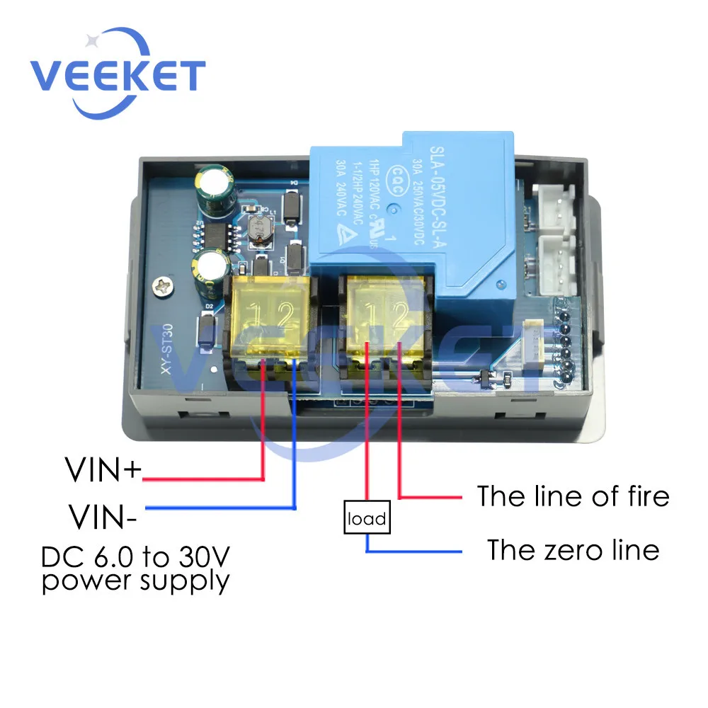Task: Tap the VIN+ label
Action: pyautogui.click(x=103, y=470)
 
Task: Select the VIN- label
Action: pyautogui.click(x=103, y=515)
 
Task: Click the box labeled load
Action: pyautogui.click(x=367, y=520)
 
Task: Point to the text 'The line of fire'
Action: pyautogui.click(x=572, y=496)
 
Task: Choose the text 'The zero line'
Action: pyautogui.click(x=573, y=550)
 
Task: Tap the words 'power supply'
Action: pyautogui.click(x=136, y=582)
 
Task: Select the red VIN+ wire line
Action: pyautogui.click(x=205, y=479)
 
